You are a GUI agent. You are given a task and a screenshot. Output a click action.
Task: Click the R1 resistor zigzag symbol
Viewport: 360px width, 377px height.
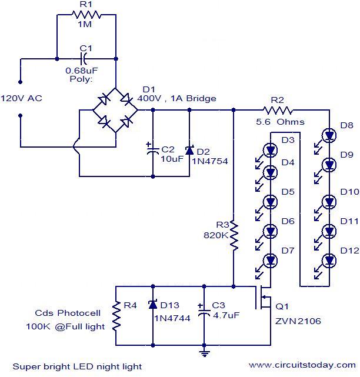(x=86, y=15)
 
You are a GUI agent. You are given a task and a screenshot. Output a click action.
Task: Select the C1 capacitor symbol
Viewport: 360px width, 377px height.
(x=84, y=59)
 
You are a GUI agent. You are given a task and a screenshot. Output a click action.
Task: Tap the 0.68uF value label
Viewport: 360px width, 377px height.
(x=82, y=71)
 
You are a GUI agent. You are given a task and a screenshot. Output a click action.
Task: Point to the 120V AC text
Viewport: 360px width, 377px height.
(x=21, y=98)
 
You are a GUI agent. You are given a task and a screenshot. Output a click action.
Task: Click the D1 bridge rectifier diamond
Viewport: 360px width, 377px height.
(x=116, y=110)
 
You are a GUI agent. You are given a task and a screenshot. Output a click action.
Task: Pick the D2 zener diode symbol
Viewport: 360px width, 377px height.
(x=189, y=151)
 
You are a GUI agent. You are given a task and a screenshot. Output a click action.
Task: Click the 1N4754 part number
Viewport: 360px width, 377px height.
(x=209, y=161)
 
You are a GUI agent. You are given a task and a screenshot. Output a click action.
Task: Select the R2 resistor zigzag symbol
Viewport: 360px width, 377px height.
(x=278, y=111)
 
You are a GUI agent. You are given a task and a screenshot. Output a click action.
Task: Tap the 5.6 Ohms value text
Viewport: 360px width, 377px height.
(x=280, y=122)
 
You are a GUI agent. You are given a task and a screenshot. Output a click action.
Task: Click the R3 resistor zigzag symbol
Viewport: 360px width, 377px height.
(x=234, y=235)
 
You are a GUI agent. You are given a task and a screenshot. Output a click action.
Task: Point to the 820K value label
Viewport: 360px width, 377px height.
(x=216, y=235)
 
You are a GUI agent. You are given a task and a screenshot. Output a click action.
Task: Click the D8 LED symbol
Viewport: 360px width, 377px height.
(x=329, y=136)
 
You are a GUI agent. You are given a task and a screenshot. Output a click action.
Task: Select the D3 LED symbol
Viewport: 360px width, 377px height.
(x=271, y=150)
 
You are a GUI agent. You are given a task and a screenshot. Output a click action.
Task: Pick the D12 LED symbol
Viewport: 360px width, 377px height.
(x=329, y=261)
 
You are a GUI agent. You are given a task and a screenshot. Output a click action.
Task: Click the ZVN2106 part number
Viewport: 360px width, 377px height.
(x=298, y=321)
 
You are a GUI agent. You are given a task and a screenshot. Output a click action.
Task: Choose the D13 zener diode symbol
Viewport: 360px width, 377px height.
(x=153, y=305)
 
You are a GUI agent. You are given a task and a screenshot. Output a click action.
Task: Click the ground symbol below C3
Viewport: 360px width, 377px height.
(x=204, y=353)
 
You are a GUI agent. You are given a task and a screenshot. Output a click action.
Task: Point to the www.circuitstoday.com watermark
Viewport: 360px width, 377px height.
(x=302, y=365)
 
